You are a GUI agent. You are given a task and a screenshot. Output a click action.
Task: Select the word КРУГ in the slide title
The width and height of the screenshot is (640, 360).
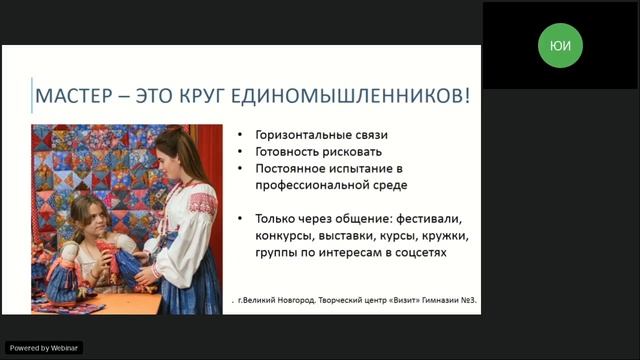(x=219, y=98)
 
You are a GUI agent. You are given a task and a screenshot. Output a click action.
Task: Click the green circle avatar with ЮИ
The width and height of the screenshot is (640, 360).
(x=560, y=45)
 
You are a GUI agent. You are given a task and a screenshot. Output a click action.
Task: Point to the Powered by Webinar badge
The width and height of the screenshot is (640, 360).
(x=42, y=347)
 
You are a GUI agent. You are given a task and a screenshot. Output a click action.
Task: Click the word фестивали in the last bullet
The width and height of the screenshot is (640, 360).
(x=434, y=218)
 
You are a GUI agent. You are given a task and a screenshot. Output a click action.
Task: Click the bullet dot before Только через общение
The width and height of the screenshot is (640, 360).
(x=246, y=218)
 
